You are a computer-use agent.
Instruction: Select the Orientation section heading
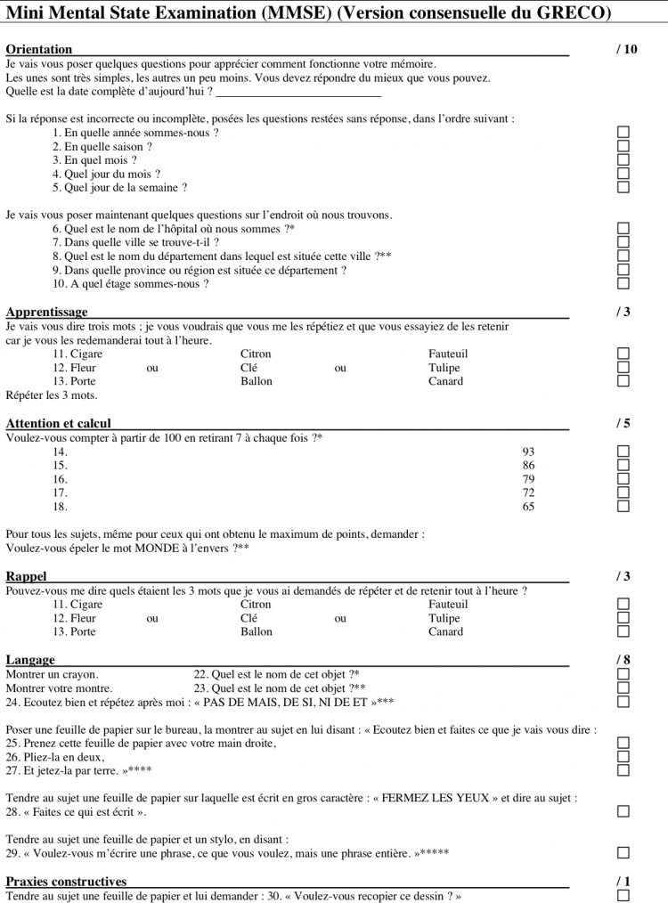coord(39,50)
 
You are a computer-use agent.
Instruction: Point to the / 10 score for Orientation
coord(627,50)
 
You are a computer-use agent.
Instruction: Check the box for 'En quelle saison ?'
coord(623,146)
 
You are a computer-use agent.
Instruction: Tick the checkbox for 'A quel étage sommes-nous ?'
coord(623,284)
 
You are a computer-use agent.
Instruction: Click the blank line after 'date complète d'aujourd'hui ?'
coord(298,92)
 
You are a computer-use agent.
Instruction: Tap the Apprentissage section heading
coord(46,312)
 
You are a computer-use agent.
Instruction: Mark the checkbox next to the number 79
coord(623,479)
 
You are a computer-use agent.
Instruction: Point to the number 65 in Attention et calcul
coord(529,507)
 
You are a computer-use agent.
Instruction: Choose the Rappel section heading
coord(26,576)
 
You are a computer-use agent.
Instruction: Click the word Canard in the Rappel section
coord(446,632)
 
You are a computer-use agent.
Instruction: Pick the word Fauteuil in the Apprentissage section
coord(448,354)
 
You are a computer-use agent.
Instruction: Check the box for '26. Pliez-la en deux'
coord(623,756)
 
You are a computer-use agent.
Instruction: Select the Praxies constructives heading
coord(66,882)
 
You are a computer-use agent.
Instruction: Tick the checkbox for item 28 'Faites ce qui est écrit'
coord(623,811)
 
